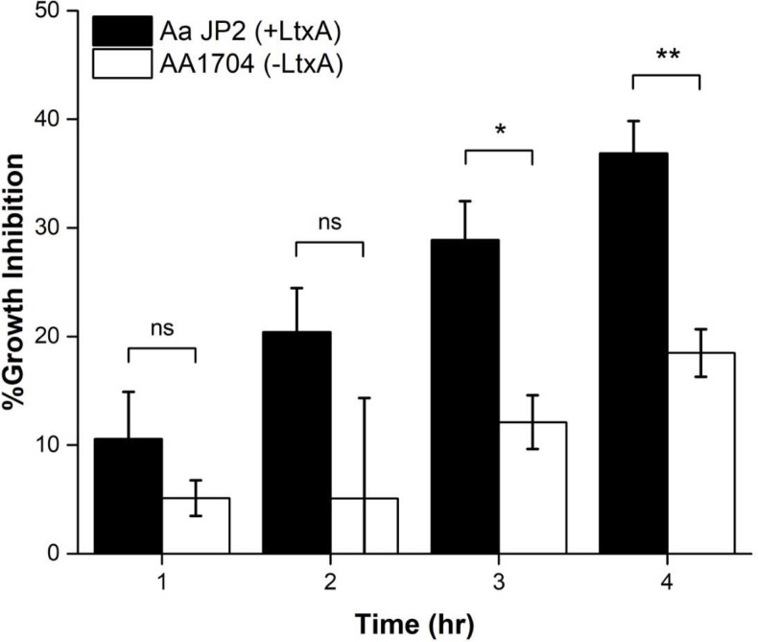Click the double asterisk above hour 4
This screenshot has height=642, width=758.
667,57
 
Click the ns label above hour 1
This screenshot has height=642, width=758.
161,327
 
